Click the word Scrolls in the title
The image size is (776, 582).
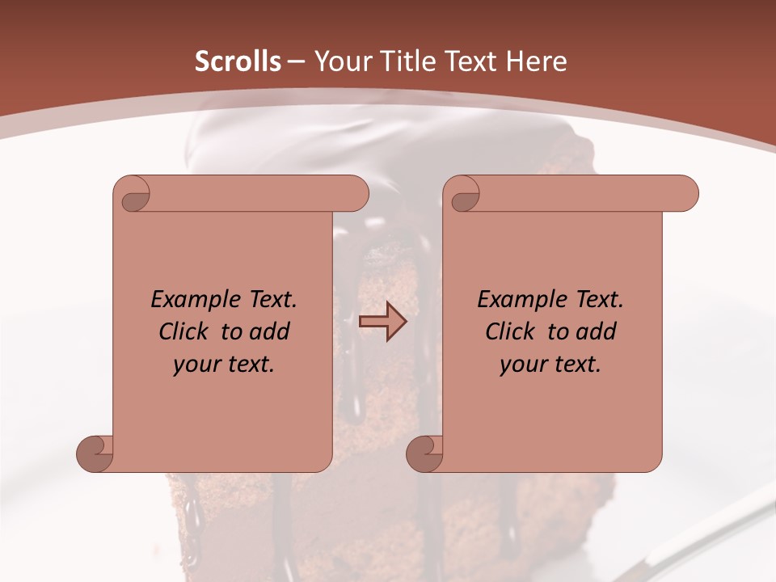click(238, 61)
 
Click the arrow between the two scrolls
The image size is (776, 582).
click(382, 321)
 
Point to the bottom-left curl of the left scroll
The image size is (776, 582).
click(95, 453)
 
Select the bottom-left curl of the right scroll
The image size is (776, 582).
click(424, 453)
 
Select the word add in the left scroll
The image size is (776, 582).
click(269, 332)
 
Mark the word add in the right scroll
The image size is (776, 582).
click(596, 332)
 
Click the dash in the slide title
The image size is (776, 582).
click(297, 61)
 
